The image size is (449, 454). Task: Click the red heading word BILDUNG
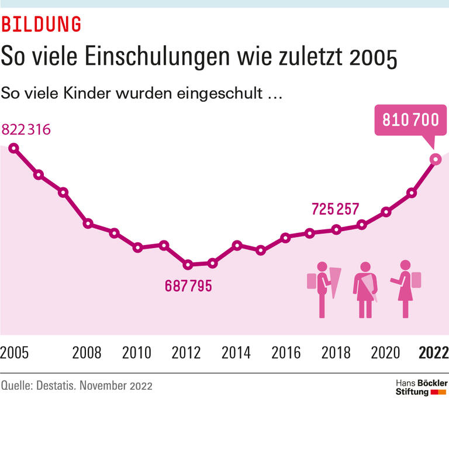(x=41, y=25)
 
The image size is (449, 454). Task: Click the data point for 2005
(x=13, y=148)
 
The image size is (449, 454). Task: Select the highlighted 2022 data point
(x=436, y=159)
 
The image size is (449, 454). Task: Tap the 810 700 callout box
(x=410, y=120)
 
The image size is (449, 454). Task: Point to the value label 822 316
(x=26, y=129)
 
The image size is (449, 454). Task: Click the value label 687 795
(x=188, y=286)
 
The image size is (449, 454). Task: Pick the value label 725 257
(x=335, y=209)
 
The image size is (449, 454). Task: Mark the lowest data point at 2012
(x=188, y=264)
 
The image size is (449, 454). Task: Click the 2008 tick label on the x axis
(x=87, y=353)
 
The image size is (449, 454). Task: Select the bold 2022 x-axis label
(x=434, y=353)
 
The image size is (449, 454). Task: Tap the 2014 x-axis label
(x=236, y=353)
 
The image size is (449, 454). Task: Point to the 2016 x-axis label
(x=286, y=353)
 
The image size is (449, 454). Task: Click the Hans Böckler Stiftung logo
(x=422, y=387)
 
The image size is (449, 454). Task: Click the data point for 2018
(x=336, y=229)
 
